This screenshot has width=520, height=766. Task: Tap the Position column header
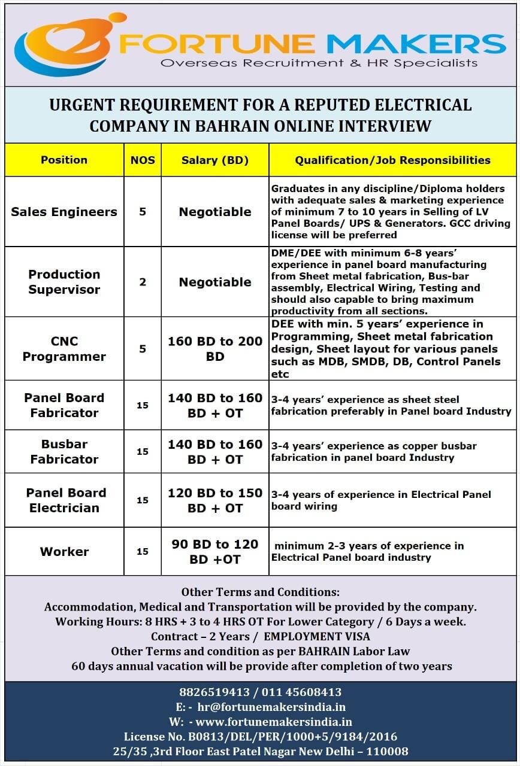64,160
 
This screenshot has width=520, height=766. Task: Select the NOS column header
143,160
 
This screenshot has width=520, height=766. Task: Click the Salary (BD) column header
215,160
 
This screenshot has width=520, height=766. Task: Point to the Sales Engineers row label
64,212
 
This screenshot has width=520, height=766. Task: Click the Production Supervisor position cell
64,282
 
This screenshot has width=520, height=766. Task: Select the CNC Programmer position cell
64,349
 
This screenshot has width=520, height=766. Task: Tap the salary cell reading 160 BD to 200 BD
215,349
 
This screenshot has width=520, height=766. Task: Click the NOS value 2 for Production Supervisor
143,282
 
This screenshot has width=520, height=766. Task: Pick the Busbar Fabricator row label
64,452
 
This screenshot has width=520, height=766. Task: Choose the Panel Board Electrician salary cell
215,500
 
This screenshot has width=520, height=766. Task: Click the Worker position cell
64,552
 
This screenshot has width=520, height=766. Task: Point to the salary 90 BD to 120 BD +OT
215,552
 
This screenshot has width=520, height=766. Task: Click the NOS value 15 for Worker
143,552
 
